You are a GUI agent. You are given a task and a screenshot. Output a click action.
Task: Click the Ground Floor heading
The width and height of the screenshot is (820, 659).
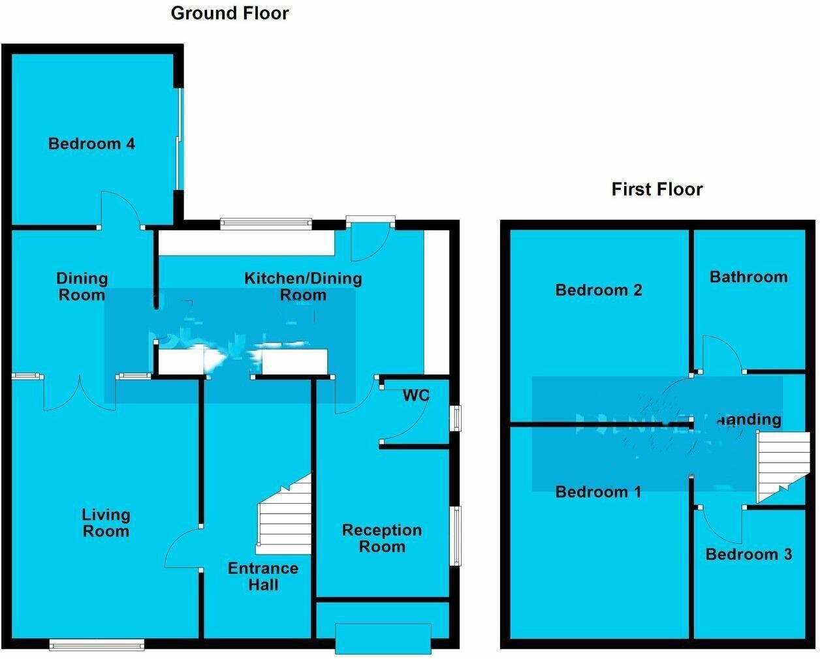click(x=230, y=13)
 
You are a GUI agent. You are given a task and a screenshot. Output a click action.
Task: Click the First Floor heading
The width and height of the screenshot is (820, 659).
click(x=657, y=189)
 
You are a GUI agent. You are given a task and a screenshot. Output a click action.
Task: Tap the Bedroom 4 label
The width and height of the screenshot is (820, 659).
click(x=91, y=144)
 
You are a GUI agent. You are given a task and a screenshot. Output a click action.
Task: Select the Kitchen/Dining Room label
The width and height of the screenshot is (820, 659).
click(x=303, y=286)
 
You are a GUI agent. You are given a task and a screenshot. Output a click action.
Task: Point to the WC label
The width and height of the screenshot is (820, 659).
click(x=416, y=395)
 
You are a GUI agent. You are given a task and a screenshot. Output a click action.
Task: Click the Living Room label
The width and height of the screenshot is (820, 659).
click(x=106, y=523)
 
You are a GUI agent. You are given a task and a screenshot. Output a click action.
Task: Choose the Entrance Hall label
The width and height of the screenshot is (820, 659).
click(x=263, y=576)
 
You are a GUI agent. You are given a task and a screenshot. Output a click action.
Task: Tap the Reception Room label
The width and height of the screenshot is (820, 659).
click(x=382, y=538)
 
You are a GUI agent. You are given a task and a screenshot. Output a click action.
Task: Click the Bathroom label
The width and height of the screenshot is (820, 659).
click(x=748, y=277)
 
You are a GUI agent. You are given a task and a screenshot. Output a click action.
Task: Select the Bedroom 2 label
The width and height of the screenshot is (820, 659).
click(x=599, y=290)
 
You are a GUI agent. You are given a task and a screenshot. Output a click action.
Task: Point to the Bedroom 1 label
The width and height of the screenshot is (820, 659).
click(x=598, y=491)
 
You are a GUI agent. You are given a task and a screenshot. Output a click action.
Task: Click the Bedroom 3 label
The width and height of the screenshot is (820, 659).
click(x=749, y=554)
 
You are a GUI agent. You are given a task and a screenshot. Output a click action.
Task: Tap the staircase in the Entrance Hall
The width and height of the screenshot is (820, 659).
click(x=285, y=515)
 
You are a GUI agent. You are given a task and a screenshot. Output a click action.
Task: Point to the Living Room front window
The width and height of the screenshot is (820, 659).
click(x=97, y=645)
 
